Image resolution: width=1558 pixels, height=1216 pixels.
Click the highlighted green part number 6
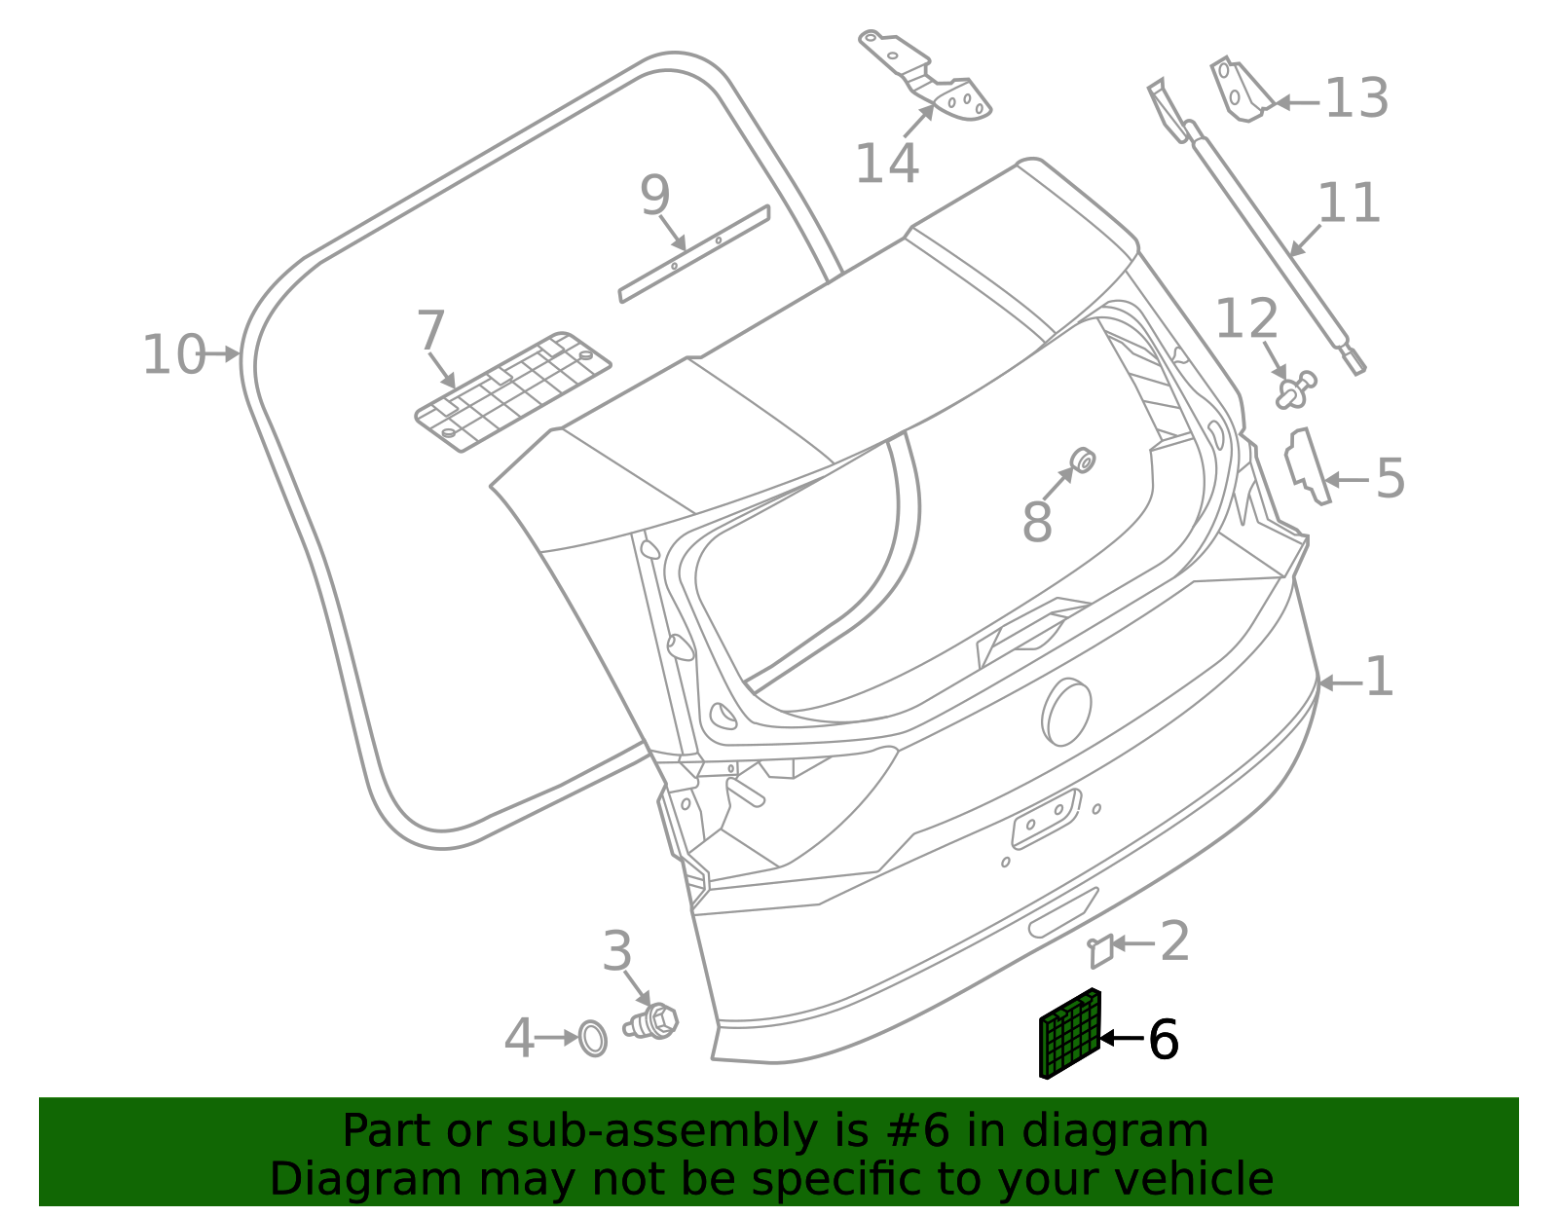tap(1069, 1034)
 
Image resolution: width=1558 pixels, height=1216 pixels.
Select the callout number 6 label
tap(1164, 1040)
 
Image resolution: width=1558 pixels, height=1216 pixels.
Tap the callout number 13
tap(1356, 98)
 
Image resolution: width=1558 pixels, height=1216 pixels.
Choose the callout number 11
tap(1349, 203)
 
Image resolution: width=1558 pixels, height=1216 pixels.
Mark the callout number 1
tap(1380, 677)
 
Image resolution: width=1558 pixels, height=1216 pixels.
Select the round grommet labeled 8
tap(1082, 461)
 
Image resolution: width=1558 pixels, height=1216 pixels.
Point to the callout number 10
tap(173, 355)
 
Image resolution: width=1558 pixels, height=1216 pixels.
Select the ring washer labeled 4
tap(592, 1038)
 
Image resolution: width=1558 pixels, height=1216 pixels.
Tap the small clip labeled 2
tap(1100, 950)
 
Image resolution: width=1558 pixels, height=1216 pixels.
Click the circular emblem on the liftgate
tap(1066, 712)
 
